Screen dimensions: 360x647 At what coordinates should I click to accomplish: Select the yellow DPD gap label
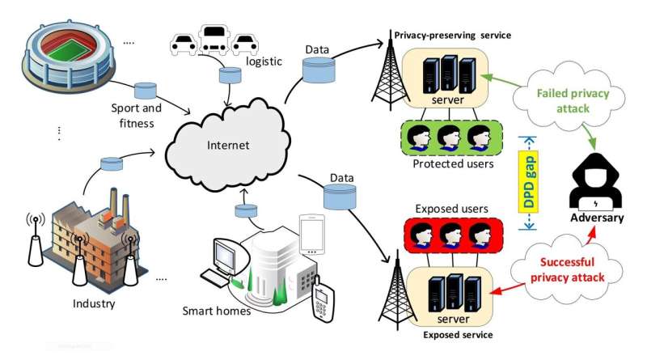529,184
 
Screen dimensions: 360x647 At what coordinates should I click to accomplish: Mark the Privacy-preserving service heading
452,36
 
